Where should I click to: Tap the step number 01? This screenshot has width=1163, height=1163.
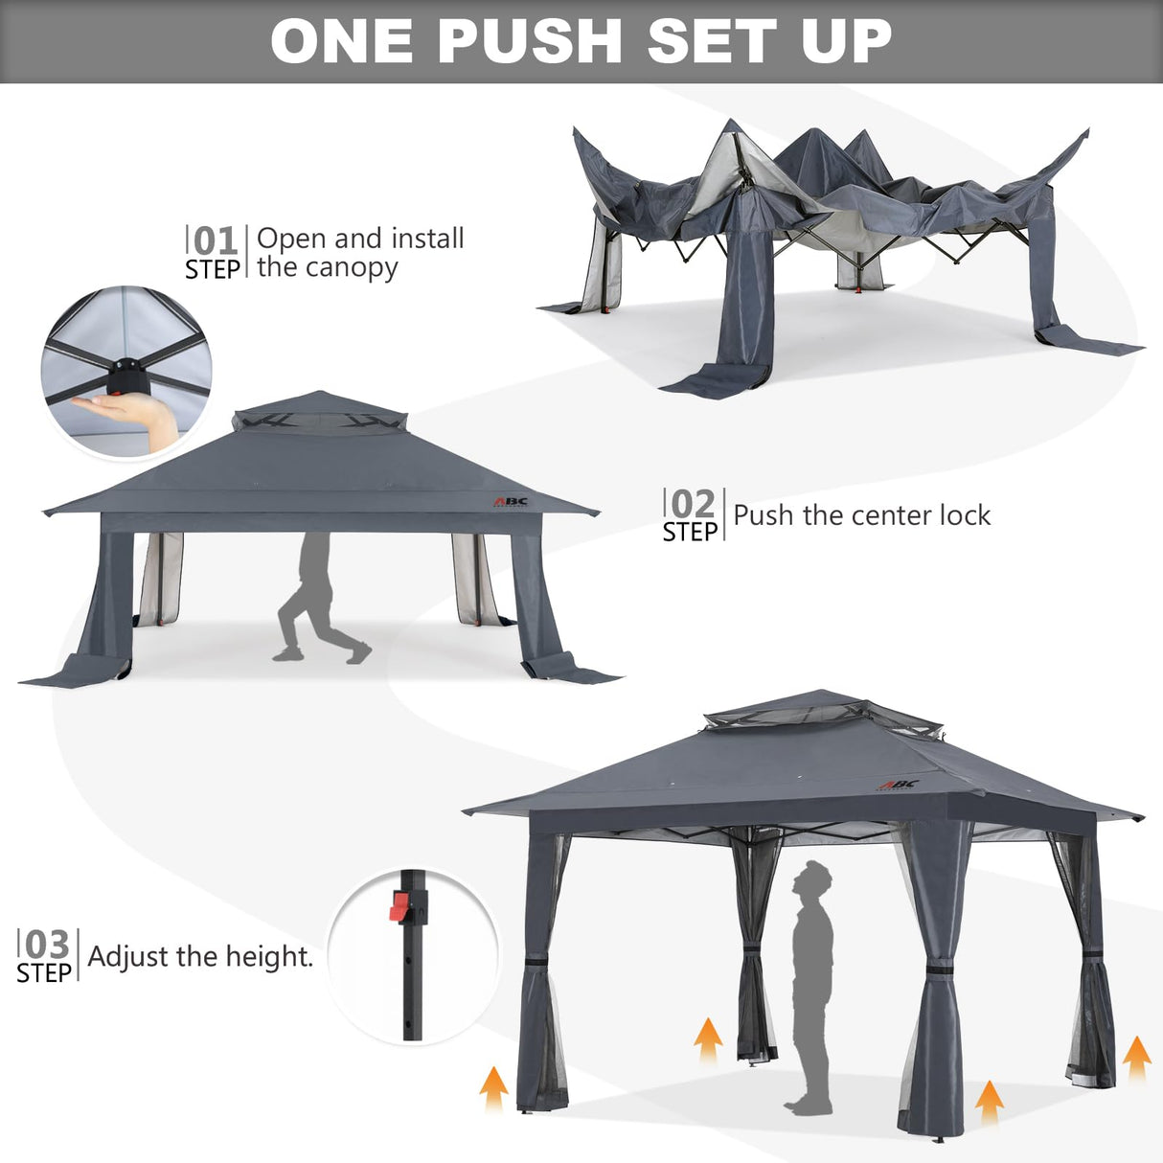pyautogui.click(x=215, y=240)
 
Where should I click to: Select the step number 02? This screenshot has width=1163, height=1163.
pyautogui.click(x=693, y=504)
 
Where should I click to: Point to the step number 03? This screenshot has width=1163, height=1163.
pyautogui.click(x=46, y=945)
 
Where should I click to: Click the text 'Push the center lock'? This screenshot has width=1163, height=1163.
pyautogui.click(x=861, y=515)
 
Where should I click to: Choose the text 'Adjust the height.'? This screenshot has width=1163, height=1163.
pyautogui.click(x=200, y=956)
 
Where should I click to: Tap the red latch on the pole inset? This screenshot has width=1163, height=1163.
pyautogui.click(x=399, y=905)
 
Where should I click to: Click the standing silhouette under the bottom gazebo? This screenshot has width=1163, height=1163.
pyautogui.click(x=813, y=987)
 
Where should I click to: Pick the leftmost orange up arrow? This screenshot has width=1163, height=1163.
pyautogui.click(x=493, y=1088)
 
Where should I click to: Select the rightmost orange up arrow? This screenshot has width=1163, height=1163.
pyautogui.click(x=1136, y=1058)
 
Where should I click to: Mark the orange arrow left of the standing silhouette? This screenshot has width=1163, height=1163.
pyautogui.click(x=708, y=1040)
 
